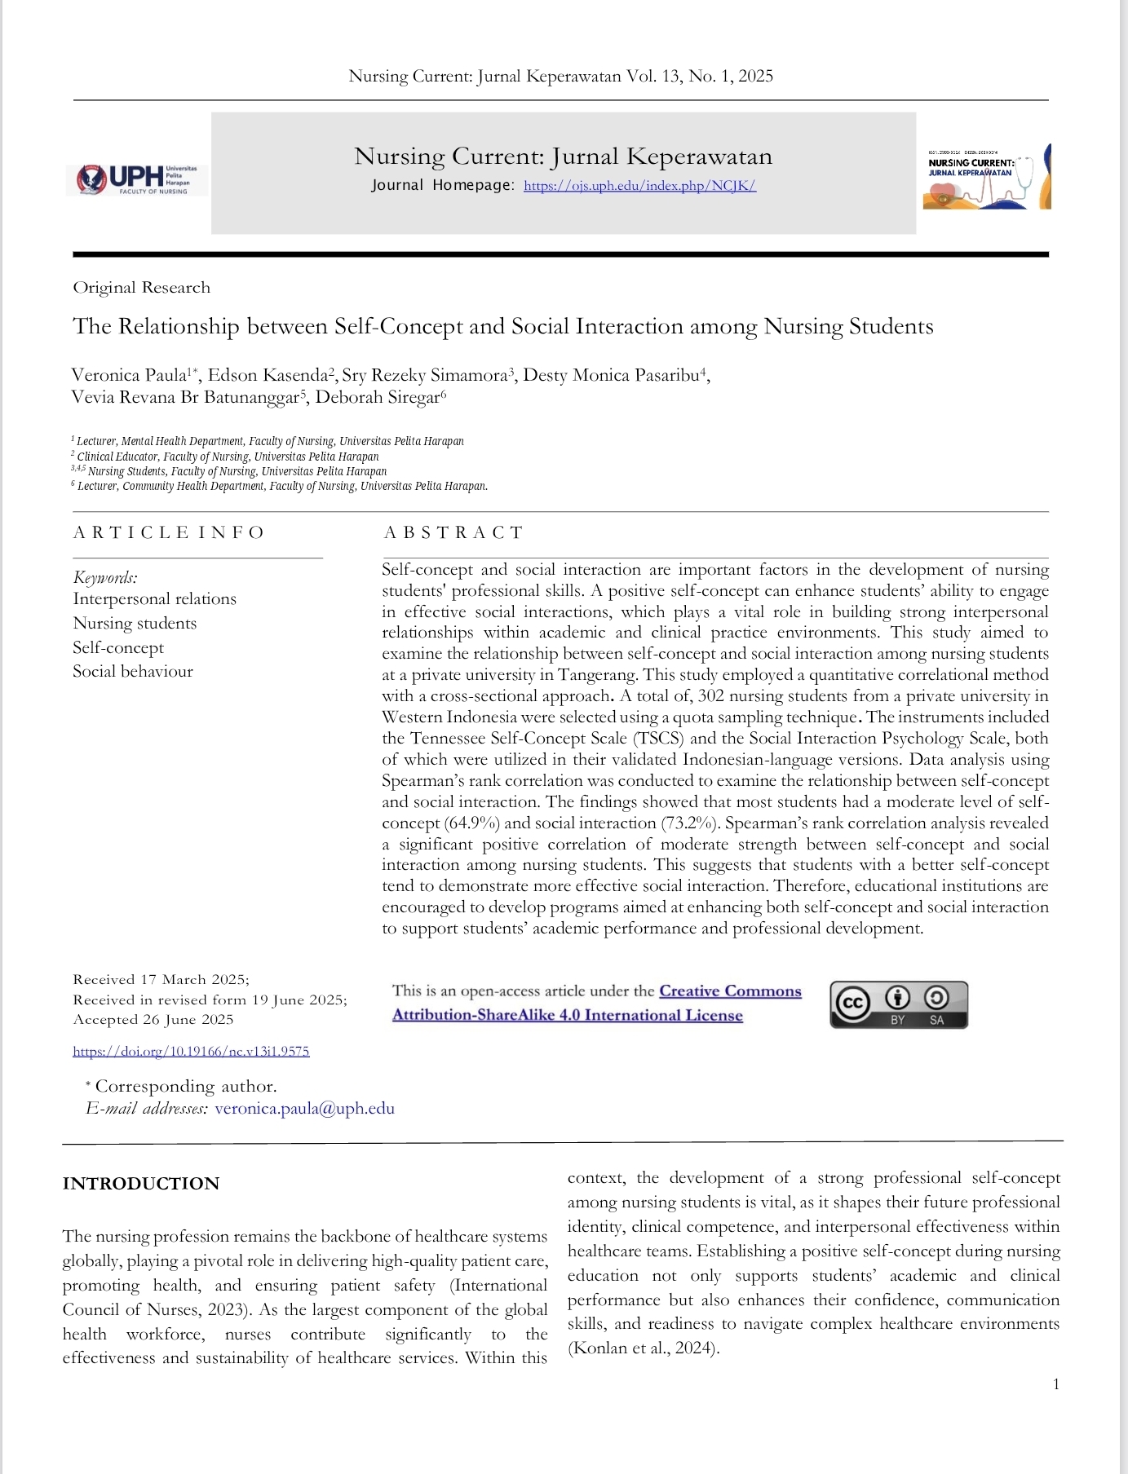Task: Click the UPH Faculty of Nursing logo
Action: click(136, 179)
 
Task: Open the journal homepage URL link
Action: click(639, 186)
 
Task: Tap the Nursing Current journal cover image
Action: click(986, 177)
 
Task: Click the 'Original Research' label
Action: click(141, 288)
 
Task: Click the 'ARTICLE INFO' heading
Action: click(169, 533)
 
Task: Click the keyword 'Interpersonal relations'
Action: click(154, 599)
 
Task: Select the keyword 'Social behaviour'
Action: click(133, 672)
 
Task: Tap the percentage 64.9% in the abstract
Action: click(473, 823)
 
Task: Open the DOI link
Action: click(191, 1052)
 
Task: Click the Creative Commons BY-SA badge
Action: click(898, 1005)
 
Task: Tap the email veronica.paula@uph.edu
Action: click(304, 1109)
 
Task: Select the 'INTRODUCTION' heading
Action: click(141, 1184)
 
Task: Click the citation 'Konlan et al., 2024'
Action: click(644, 1348)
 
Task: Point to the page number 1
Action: click(1056, 1384)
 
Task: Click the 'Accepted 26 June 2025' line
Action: click(153, 1020)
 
